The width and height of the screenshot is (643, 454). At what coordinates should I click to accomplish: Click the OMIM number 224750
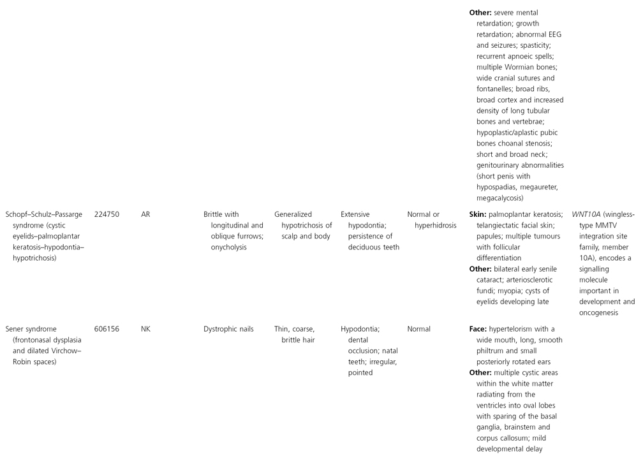[x=107, y=215]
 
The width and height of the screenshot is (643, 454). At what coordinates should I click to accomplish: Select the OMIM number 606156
[x=107, y=329]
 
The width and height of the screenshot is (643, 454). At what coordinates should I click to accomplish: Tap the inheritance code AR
[x=146, y=215]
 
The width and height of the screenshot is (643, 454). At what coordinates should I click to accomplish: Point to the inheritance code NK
[x=146, y=329]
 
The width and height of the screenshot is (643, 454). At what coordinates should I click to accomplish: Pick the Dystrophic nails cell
[x=228, y=329]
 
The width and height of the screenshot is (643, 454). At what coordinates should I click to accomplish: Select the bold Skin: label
[x=478, y=215]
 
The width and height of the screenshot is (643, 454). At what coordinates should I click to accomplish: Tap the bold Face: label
[x=480, y=329]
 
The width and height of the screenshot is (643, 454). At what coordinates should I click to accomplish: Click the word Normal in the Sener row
[x=418, y=329]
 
